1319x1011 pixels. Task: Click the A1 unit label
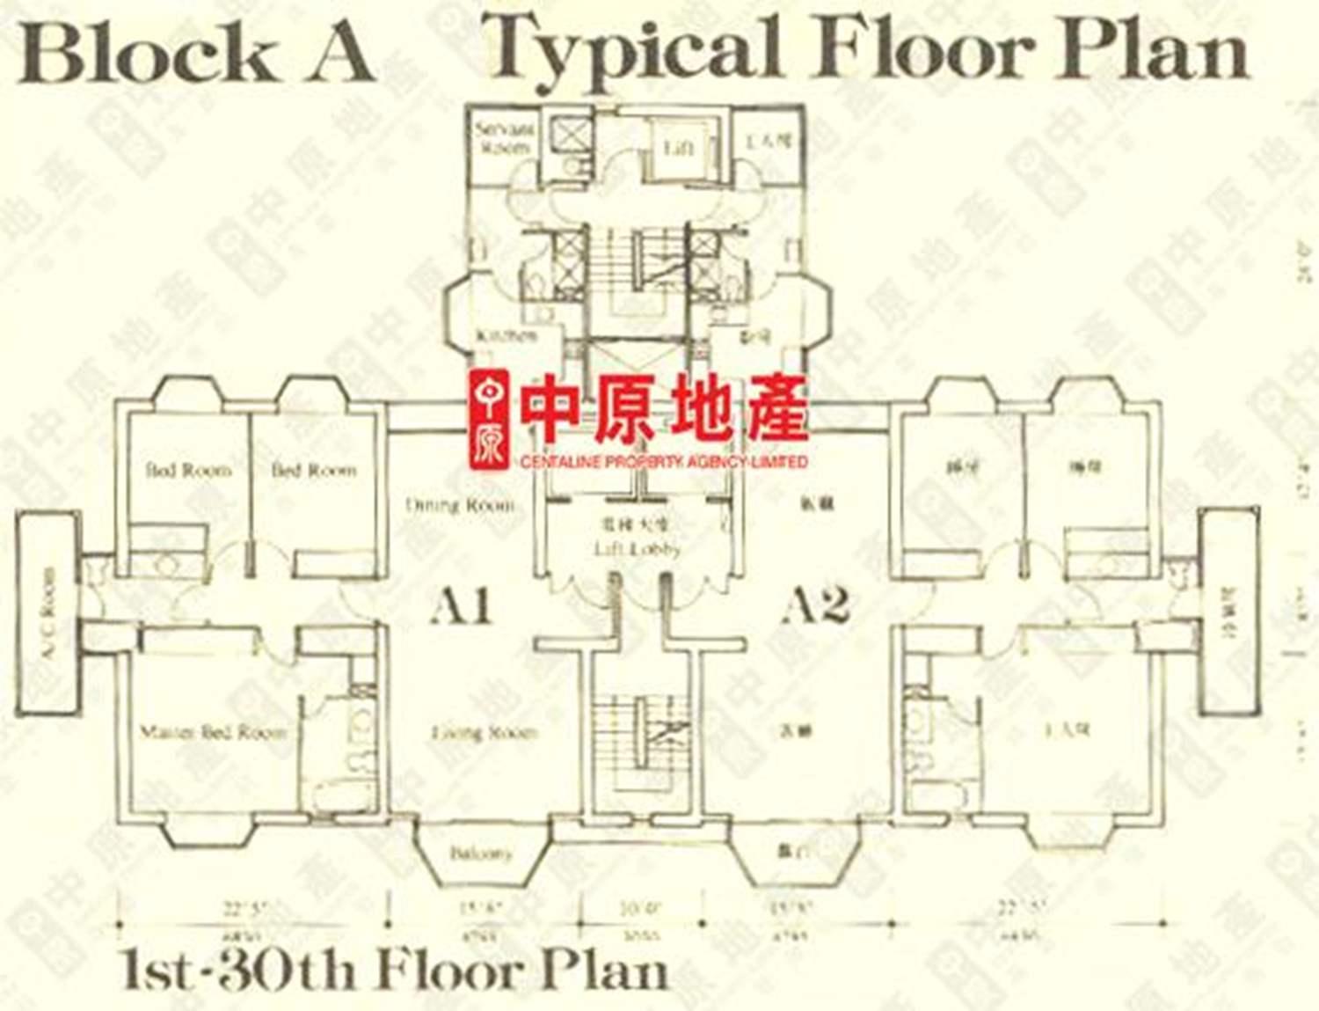click(461, 605)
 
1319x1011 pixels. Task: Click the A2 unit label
click(817, 605)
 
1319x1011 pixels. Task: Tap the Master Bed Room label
click(213, 732)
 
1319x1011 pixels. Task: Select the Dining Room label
click(460, 505)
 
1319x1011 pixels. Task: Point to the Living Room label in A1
click(484, 732)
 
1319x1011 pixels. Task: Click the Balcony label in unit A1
click(480, 853)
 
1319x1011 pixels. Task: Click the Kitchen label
click(506, 336)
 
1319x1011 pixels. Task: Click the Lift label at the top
click(678, 148)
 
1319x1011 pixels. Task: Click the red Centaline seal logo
click(490, 418)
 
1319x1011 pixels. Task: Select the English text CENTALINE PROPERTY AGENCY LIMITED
click(663, 462)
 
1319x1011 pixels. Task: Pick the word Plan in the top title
click(1154, 49)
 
